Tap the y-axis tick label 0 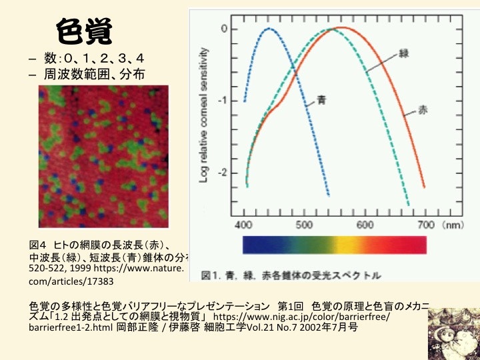pos(225,29)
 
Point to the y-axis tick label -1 pos(223,101)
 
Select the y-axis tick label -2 pos(223,173)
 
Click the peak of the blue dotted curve pos(270,29)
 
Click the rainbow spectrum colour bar pos(335,245)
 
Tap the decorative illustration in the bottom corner pos(453,339)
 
